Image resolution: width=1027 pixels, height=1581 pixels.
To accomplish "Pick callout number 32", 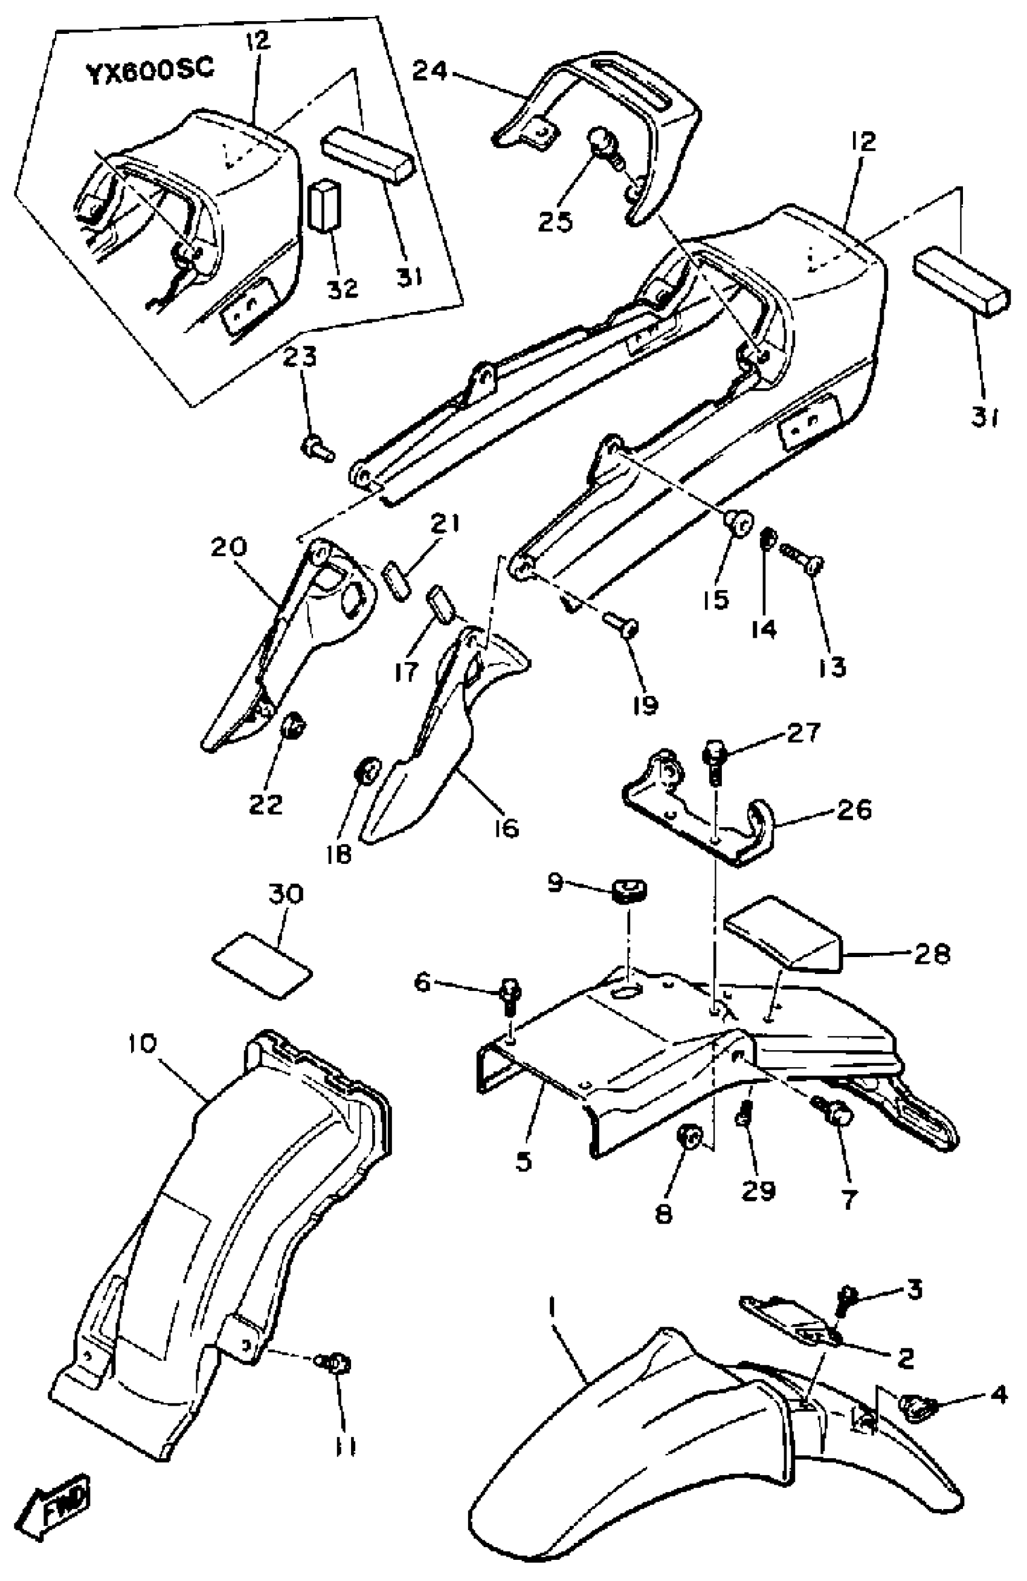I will click(343, 288).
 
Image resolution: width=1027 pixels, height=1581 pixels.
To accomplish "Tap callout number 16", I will click(506, 828).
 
